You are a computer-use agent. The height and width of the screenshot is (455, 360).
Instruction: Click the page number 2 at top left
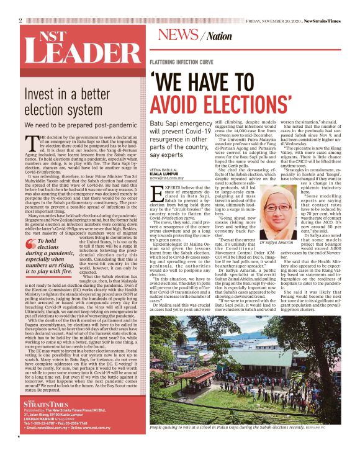pyautogui.click(x=20, y=20)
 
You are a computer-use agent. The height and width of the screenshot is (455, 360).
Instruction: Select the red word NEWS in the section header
pyautogui.click(x=178, y=35)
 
